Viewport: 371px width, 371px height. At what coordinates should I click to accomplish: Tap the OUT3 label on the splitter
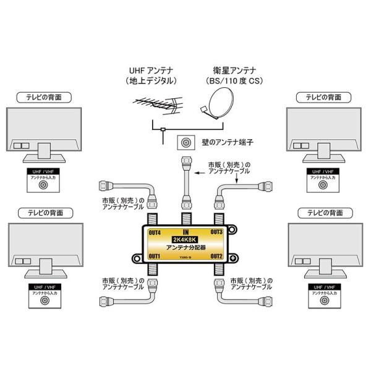(216, 232)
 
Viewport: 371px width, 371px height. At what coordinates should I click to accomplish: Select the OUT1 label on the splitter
(154, 256)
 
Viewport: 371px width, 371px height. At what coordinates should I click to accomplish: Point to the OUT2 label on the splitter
(216, 256)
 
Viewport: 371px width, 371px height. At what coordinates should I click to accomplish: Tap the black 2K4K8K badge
(185, 240)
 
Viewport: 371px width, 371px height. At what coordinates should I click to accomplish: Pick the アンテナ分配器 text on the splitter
(185, 249)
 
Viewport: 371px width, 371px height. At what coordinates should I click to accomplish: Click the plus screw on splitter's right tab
(233, 258)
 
